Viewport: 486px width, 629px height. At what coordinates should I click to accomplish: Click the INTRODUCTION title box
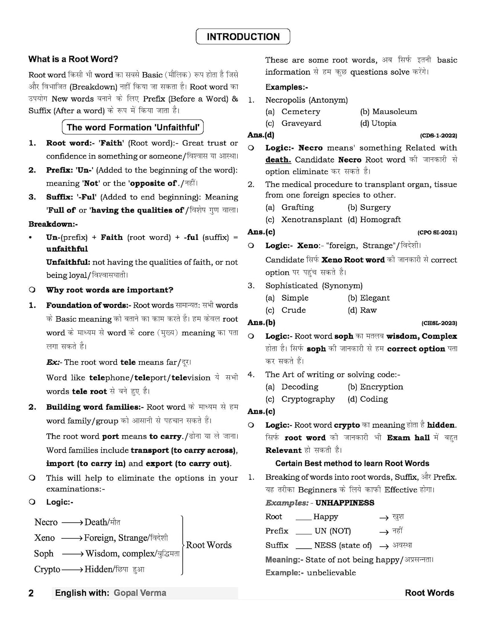[243, 37]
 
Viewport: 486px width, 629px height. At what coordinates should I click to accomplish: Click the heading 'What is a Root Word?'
[73, 59]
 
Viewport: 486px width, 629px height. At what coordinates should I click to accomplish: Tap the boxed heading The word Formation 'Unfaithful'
[133, 127]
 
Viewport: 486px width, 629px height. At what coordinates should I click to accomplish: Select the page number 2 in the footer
[31, 593]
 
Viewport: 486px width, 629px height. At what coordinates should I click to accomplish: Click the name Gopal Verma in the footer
[140, 593]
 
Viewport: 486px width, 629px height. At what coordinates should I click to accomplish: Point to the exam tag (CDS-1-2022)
[438, 136]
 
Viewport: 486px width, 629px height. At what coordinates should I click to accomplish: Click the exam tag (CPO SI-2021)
[437, 233]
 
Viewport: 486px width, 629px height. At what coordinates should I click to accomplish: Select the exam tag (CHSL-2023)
[439, 323]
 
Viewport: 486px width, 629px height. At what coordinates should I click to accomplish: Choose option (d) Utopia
[378, 123]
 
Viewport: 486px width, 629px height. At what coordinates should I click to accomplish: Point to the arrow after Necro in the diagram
[72, 522]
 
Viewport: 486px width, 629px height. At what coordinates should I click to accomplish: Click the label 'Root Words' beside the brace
[208, 545]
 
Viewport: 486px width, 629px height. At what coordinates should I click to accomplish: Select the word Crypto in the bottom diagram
[47, 569]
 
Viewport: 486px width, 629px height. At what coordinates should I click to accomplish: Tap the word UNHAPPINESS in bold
[345, 503]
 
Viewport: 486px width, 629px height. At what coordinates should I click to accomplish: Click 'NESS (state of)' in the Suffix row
[343, 546]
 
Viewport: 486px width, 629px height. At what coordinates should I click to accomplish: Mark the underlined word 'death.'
[278, 160]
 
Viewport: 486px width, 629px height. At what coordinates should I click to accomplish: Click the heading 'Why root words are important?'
[109, 290]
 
